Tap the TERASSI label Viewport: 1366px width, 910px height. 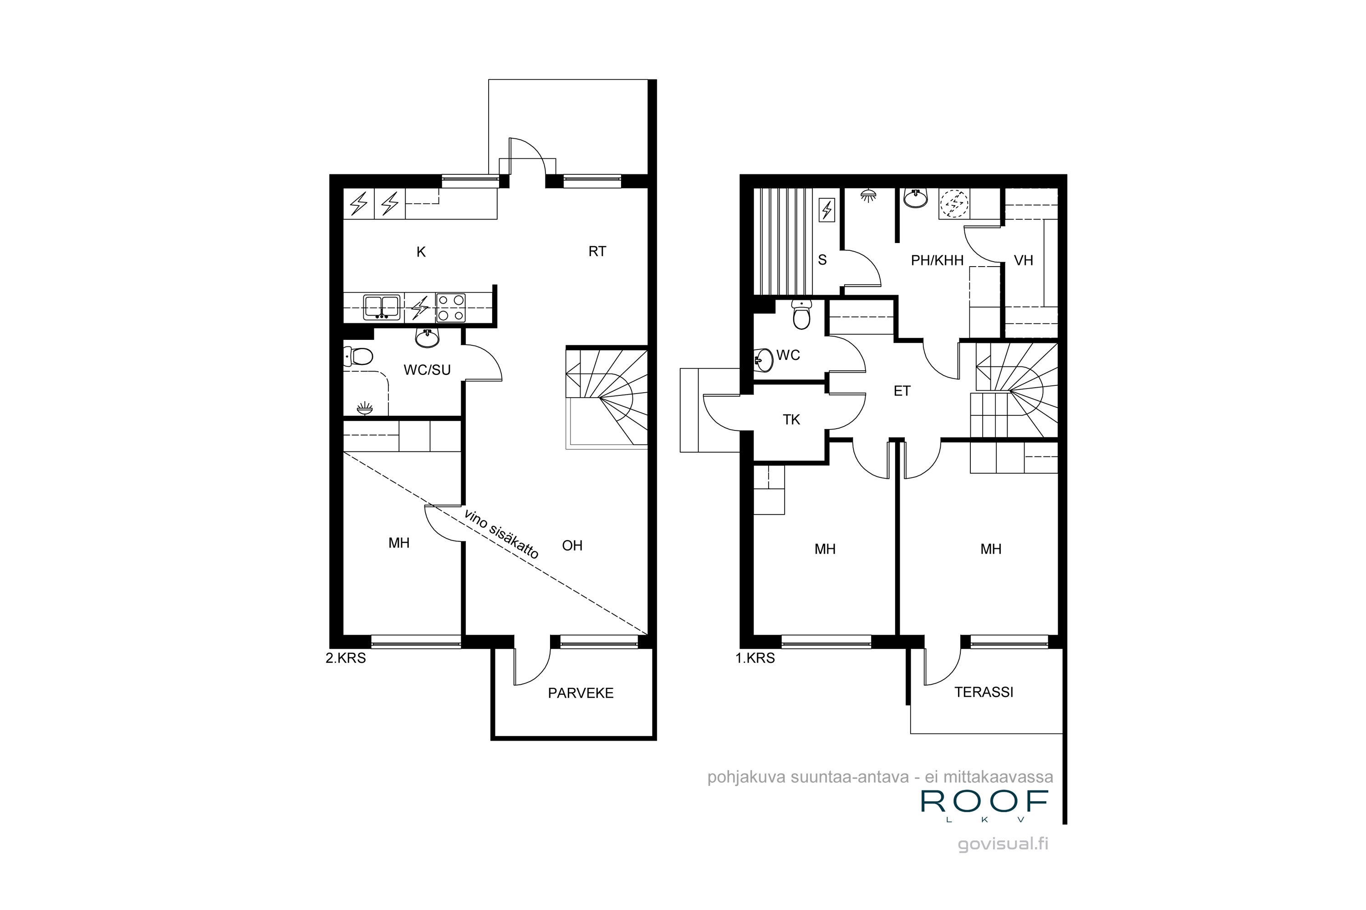click(x=984, y=692)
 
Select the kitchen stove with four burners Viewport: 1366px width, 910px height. click(x=451, y=308)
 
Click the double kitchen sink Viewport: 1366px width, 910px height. click(x=381, y=308)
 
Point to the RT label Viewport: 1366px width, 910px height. click(x=597, y=251)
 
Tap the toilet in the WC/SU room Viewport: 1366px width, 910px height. click(x=358, y=356)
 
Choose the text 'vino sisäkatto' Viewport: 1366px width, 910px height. click(x=501, y=533)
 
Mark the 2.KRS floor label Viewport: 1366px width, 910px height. click(x=346, y=658)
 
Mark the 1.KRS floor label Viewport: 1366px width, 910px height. click(x=755, y=658)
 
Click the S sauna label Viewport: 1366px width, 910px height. click(x=822, y=260)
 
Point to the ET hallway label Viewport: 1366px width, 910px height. click(x=902, y=391)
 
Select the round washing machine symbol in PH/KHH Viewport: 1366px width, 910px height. click(x=954, y=204)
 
